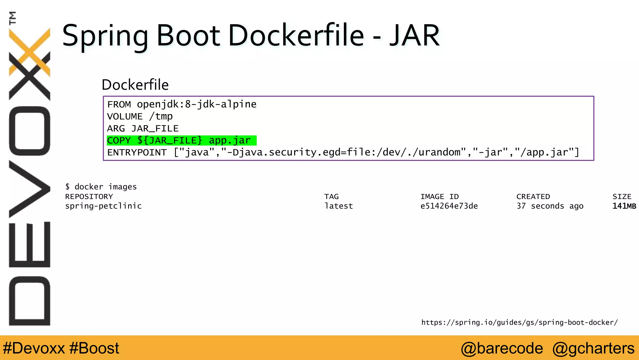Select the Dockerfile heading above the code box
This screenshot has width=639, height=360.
(x=135, y=85)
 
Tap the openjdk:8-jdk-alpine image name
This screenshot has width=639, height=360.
(x=197, y=104)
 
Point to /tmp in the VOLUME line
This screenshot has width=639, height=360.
(x=161, y=116)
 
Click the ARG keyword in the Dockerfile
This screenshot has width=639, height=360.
(x=116, y=128)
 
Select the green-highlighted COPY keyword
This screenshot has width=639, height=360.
(x=119, y=141)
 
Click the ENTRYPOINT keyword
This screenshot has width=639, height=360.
(x=137, y=152)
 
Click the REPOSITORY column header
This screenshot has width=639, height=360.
(x=89, y=197)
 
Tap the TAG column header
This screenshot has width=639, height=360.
(x=331, y=197)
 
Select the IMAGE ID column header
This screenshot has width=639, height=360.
(x=439, y=197)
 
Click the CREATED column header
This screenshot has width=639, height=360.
(x=533, y=197)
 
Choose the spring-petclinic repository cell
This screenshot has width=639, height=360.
(x=103, y=206)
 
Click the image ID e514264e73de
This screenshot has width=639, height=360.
(x=449, y=206)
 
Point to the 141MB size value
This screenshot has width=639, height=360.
(x=624, y=206)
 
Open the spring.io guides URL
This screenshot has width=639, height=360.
(x=519, y=322)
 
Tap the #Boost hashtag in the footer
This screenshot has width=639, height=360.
(x=94, y=348)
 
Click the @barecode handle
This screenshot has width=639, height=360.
(x=502, y=348)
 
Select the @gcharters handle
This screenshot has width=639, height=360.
(x=593, y=348)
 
